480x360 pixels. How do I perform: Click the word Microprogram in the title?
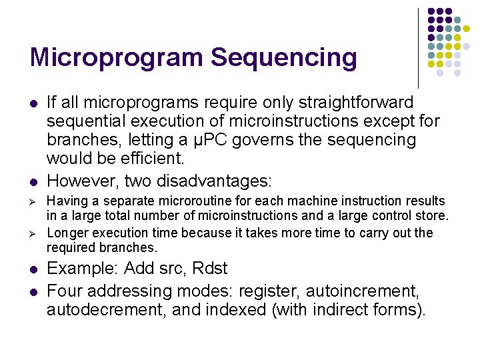(117, 58)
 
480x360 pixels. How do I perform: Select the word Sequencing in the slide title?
(284, 58)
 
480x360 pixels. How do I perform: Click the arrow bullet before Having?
(33, 201)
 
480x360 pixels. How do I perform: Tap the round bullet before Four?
(33, 291)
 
